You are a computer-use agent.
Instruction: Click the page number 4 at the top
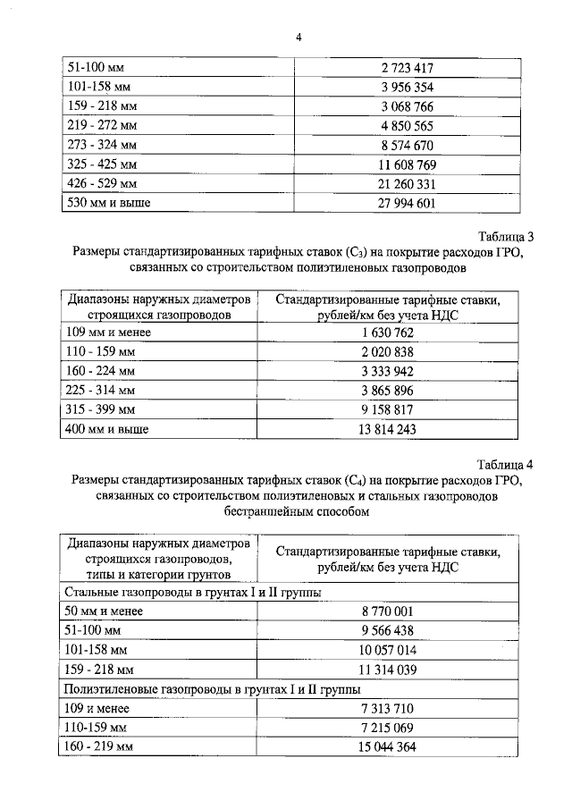tap(298, 38)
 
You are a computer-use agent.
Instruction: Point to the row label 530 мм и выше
tap(108, 203)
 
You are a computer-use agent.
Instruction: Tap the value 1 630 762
tap(385, 333)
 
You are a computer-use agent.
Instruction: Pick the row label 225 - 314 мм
tap(100, 391)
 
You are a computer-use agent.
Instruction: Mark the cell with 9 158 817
tap(385, 410)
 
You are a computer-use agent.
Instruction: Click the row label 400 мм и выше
tap(107, 430)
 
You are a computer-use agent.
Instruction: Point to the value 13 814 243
tap(385, 430)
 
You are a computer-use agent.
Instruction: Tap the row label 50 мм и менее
tap(105, 611)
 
